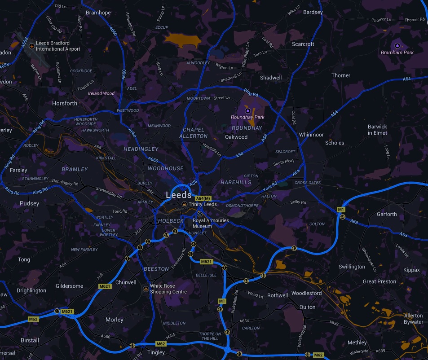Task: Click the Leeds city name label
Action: [x=179, y=195]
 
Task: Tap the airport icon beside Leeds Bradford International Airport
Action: [x=31, y=46]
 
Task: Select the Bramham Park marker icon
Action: [x=397, y=46]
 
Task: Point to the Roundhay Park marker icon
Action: [x=247, y=110]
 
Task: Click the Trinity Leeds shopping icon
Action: [x=184, y=204]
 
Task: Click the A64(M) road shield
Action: [x=203, y=198]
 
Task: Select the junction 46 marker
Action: [x=343, y=217]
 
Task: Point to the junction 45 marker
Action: [x=294, y=248]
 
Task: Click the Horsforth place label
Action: [x=65, y=103]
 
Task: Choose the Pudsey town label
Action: [x=30, y=203]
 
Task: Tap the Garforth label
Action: [x=387, y=214]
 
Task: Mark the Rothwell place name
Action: [x=278, y=295]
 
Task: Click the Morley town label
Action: [x=114, y=320]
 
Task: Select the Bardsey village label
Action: [x=313, y=12]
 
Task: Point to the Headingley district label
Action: [x=141, y=149]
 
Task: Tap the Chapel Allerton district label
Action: [x=194, y=133]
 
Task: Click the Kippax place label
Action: [x=411, y=270]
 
